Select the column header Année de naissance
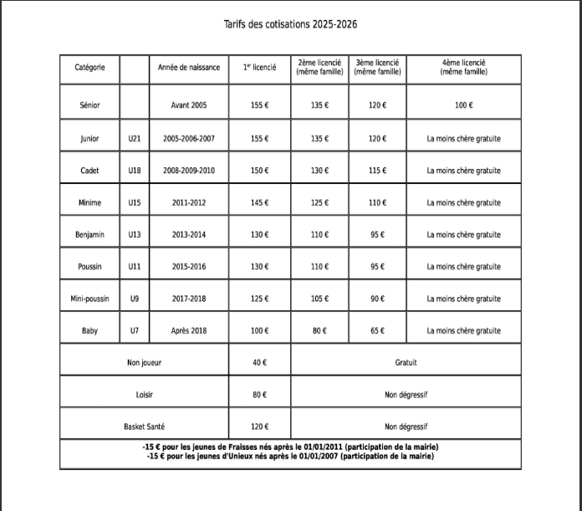click(189, 68)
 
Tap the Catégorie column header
click(89, 68)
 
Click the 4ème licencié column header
click(463, 68)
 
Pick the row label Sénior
click(89, 106)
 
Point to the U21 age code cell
click(134, 139)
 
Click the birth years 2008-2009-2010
click(189, 171)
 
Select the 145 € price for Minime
click(259, 203)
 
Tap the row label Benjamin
click(89, 235)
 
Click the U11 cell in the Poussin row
click(134, 267)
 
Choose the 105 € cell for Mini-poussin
click(319, 299)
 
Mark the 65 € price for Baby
click(376, 331)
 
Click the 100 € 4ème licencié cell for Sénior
click(463, 106)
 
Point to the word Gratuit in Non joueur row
click(406, 363)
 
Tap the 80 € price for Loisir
click(259, 395)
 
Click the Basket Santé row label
click(145, 427)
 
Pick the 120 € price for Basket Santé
click(259, 427)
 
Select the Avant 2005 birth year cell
click(189, 106)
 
